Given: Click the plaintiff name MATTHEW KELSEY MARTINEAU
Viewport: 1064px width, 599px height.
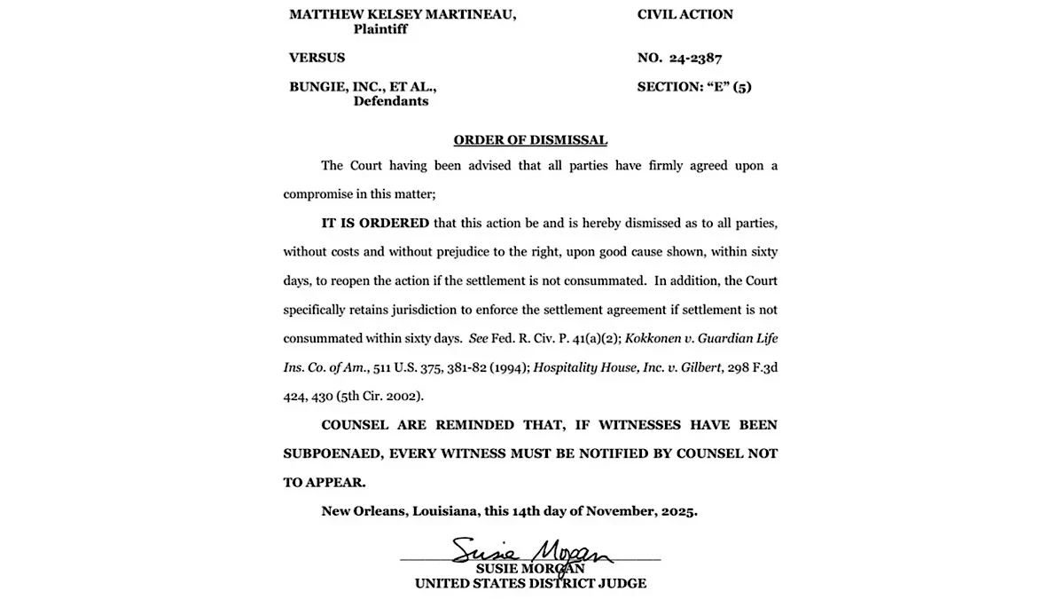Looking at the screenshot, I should click(403, 14).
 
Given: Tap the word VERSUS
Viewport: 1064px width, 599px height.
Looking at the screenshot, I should click(317, 58).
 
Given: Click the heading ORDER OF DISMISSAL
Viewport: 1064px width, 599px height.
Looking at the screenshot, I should click(530, 139).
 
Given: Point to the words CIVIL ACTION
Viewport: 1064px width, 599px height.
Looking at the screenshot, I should click(685, 14).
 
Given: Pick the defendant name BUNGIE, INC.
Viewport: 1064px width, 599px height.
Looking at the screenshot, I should click(332, 87).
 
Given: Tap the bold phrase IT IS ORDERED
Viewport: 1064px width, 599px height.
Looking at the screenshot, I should click(375, 223).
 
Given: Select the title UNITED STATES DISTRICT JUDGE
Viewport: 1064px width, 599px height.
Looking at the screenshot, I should click(530, 583).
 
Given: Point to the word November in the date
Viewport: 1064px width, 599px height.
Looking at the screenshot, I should click(620, 511).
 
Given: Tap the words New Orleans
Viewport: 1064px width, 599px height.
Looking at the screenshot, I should click(359, 511).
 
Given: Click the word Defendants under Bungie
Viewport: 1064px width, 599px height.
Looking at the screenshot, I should click(390, 101).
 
